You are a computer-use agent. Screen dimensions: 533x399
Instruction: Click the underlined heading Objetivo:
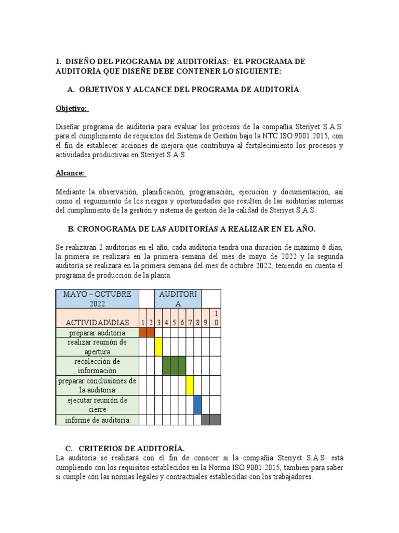coord(72,108)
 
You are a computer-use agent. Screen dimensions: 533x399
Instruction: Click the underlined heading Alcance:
coord(71,173)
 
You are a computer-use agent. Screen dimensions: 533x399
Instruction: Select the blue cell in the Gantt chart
coord(197,404)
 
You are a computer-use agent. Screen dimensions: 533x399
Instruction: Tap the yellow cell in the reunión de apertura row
coord(158,346)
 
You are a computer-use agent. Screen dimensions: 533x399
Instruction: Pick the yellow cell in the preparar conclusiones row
coord(190,385)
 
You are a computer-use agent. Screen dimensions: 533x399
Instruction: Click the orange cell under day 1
coord(143,332)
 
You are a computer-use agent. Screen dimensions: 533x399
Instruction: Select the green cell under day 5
coord(174,365)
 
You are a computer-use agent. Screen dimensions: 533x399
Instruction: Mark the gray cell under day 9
coord(205,420)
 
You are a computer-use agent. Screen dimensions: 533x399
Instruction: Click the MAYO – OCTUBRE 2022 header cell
coord(97,299)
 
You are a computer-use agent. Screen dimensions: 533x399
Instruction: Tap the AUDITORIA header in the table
coord(178,299)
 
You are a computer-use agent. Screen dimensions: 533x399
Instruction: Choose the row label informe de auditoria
coord(97,420)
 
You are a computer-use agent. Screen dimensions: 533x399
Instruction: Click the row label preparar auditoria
coord(97,332)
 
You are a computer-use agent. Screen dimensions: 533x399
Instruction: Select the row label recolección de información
coord(97,365)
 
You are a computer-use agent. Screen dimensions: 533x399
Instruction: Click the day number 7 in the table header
coord(190,323)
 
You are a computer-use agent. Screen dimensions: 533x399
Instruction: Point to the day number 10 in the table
coord(216,318)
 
